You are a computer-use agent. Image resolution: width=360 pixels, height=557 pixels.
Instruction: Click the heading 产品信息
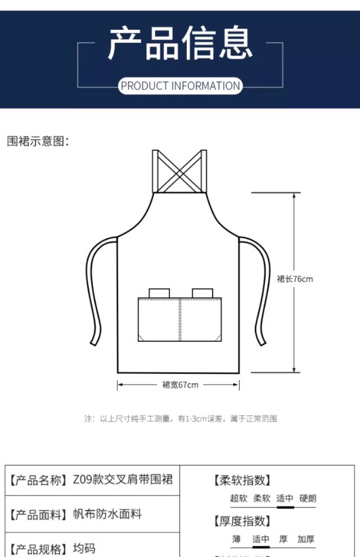[180, 43]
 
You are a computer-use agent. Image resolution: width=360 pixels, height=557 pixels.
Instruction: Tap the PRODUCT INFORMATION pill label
[181, 86]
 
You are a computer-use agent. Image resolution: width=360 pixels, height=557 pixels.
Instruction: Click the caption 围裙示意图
[38, 141]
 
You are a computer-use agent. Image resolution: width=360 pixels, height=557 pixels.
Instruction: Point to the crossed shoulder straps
[180, 171]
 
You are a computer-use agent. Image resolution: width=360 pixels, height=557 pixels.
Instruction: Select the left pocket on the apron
[159, 319]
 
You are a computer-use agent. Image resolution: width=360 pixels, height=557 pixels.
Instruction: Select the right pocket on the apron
[201, 319]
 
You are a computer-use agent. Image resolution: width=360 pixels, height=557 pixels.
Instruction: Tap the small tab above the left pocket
[159, 293]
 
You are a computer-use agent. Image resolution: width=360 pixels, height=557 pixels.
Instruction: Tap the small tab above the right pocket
[202, 293]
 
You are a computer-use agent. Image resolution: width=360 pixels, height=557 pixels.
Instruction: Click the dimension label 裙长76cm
[295, 279]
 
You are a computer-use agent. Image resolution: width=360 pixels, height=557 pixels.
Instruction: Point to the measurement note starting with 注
[181, 419]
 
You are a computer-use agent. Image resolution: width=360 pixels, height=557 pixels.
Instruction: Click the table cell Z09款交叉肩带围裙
[123, 479]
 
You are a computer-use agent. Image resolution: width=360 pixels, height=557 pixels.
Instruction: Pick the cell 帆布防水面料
[107, 514]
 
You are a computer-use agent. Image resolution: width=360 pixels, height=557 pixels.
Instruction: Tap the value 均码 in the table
[84, 548]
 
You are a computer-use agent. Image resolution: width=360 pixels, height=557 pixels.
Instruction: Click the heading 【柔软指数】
[242, 481]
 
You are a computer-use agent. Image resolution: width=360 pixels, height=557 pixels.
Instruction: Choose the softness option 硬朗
[308, 498]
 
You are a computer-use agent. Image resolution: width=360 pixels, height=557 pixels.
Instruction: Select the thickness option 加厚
[306, 539]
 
